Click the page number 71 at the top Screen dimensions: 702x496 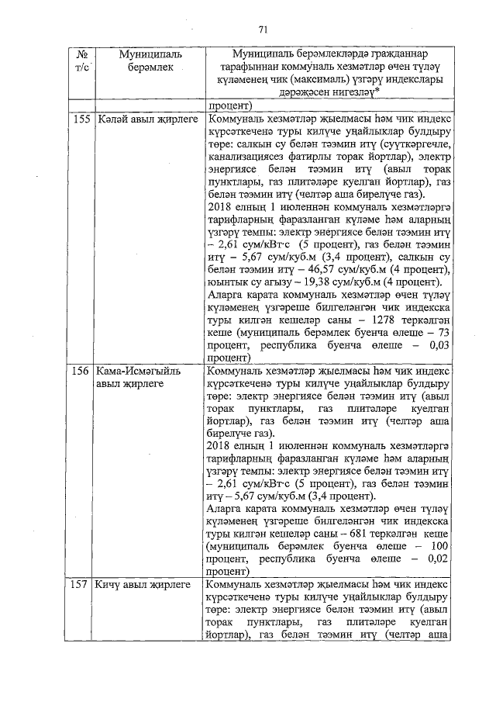click(x=262, y=29)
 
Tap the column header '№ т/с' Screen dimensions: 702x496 click(x=81, y=61)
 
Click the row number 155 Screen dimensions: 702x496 click(x=80, y=120)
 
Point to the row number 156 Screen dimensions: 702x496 click(x=80, y=372)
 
